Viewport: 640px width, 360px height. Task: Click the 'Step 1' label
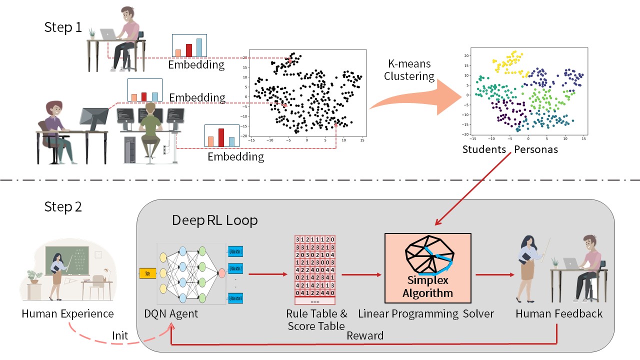point(63,27)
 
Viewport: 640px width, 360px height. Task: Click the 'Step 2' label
point(63,207)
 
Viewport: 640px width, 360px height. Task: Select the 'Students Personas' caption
point(510,149)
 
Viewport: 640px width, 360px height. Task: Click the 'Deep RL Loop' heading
point(214,220)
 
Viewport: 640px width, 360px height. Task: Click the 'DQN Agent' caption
point(170,314)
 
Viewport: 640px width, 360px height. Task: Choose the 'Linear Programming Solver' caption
point(425,314)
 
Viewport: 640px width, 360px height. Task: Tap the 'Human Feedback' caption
point(559,314)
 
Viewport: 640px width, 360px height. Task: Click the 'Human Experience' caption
point(68,314)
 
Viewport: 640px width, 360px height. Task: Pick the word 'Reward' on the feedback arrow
point(365,335)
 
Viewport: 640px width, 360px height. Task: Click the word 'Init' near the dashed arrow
point(120,335)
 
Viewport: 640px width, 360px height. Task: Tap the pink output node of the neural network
point(221,273)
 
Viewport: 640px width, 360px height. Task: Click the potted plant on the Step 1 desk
point(91,33)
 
